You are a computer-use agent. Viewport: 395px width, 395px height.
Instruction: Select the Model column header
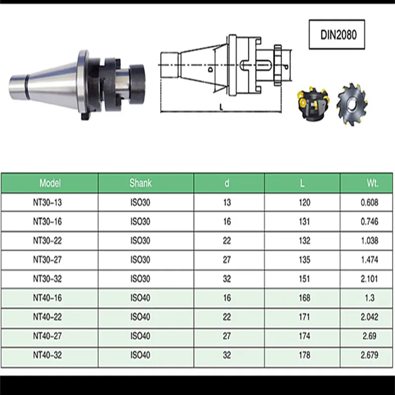[50, 183]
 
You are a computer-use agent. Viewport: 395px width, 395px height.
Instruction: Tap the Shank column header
[140, 183]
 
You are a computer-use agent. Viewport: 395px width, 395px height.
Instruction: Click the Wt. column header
[372, 183]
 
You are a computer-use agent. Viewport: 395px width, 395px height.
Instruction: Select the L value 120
[305, 202]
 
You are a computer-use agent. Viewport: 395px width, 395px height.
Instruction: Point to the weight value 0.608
[369, 202]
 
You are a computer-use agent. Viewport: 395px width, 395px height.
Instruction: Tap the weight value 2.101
[369, 279]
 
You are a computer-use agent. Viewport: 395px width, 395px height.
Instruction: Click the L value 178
[305, 355]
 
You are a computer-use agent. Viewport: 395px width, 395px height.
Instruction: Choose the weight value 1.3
[369, 298]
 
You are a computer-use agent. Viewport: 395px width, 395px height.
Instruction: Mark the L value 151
[305, 279]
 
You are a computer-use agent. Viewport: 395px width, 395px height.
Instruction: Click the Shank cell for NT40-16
[140, 298]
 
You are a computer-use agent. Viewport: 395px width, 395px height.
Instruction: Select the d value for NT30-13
[227, 202]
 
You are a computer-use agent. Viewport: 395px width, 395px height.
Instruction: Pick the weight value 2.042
[369, 317]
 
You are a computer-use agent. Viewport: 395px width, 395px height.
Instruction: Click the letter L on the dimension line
[220, 106]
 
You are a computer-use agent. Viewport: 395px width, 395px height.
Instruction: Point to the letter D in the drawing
[210, 70]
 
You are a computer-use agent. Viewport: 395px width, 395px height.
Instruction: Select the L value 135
[305, 260]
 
